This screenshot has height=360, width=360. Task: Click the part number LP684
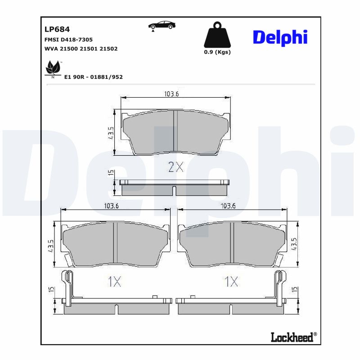57,30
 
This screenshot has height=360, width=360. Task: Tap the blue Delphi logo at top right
280,38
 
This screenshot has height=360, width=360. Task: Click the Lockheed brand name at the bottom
292,337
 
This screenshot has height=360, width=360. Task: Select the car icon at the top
162,26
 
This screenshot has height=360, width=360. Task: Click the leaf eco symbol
53,69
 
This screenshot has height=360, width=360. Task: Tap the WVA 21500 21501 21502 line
81,48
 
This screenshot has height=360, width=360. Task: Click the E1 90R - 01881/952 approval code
94,77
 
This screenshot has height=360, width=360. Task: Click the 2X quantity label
175,168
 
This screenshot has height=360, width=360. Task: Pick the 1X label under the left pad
114,282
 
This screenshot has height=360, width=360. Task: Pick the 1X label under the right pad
231,282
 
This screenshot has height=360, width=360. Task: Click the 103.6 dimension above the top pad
172,94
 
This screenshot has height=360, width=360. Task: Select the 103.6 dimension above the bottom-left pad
111,206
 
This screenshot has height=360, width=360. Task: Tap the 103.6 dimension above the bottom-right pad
228,206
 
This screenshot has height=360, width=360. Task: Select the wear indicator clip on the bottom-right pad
279,283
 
